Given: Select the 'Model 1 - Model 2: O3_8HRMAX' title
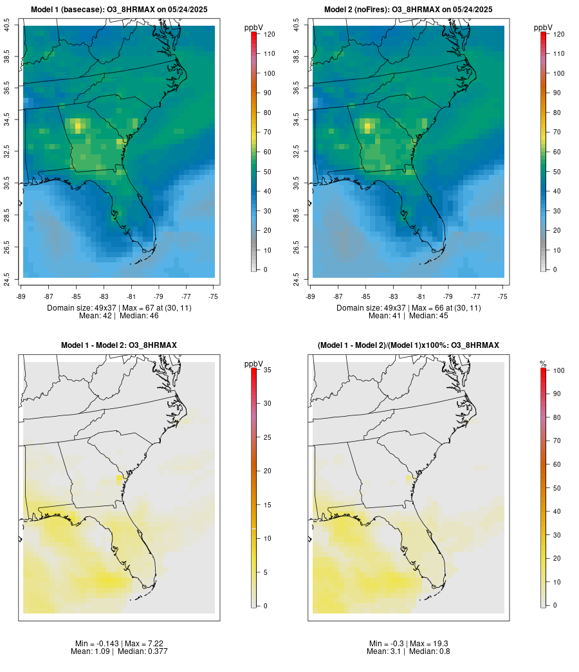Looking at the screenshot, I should (119, 345).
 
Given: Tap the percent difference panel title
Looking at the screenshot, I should (409, 345).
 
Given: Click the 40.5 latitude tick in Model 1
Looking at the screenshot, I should (7, 26).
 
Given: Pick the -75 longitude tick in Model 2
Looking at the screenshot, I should (502, 296).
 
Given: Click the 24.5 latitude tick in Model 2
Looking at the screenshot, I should (297, 279).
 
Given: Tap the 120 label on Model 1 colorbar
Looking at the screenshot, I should (270, 34).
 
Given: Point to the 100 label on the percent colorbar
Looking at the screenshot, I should (559, 370).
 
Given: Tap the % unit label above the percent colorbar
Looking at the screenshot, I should (543, 364).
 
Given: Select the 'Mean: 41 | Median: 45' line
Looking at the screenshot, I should (409, 316).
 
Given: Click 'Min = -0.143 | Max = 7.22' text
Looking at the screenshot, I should (119, 644).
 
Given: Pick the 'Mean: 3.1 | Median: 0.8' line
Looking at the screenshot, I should (409, 651).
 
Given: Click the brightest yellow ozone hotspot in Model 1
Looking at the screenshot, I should (78, 127).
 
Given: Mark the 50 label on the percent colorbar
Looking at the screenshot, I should (557, 488).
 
